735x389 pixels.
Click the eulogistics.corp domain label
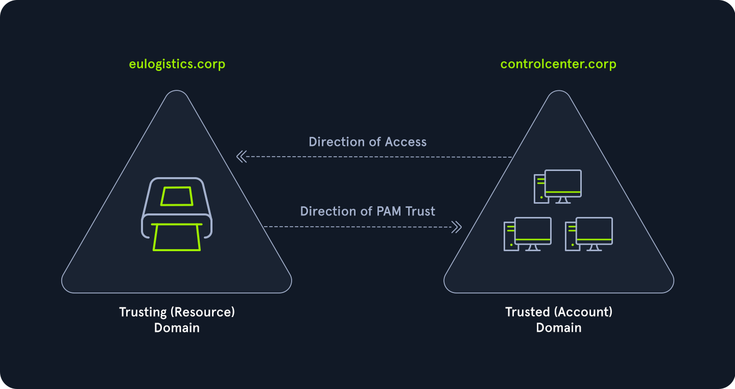177,64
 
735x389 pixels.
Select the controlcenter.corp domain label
558,64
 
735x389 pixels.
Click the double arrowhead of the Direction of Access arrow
242,157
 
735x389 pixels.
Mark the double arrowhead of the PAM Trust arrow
457,227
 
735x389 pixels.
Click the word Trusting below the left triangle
143,312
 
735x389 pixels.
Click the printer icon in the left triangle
176,214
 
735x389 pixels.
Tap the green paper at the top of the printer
176,196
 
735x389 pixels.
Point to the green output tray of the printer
177,237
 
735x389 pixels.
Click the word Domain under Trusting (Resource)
177,328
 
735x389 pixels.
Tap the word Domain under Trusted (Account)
558,328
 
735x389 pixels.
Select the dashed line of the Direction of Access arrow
378,157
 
